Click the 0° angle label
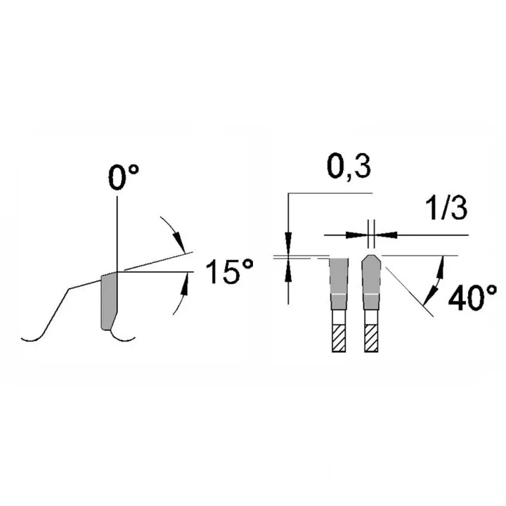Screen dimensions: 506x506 click(x=124, y=178)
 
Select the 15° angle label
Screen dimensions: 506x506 click(x=229, y=272)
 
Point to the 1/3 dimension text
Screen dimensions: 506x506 click(x=446, y=208)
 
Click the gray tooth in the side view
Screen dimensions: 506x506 click(x=109, y=301)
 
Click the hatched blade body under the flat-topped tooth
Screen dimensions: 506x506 click(x=339, y=338)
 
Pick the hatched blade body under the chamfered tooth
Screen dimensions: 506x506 click(x=371, y=338)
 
